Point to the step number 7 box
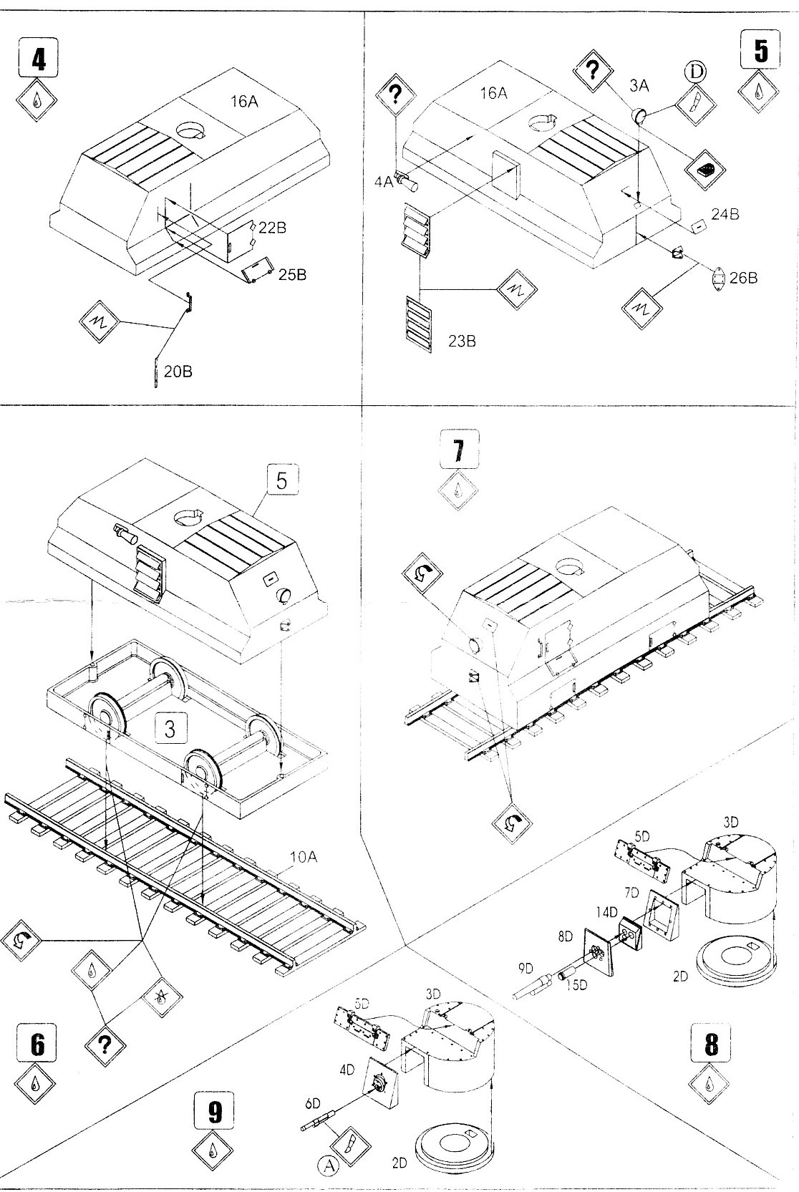click(x=458, y=450)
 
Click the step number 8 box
click(x=710, y=1045)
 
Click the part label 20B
click(x=178, y=372)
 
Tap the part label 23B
click(x=462, y=341)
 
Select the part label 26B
click(x=743, y=278)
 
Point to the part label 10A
click(x=303, y=856)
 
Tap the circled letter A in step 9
click(x=329, y=1166)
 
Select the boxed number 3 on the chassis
click(x=170, y=730)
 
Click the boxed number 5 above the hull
click(x=281, y=480)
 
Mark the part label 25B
click(x=292, y=274)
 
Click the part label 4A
click(x=383, y=182)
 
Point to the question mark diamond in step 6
click(x=105, y=1046)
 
